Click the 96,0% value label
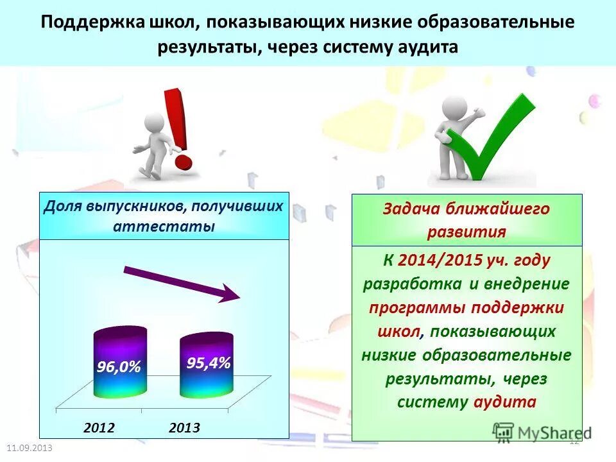(x=119, y=366)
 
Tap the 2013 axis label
(x=184, y=427)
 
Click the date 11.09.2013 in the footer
(x=30, y=447)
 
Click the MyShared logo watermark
(x=542, y=433)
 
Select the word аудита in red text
(x=504, y=402)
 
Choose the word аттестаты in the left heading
(x=164, y=227)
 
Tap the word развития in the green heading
(x=466, y=232)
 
